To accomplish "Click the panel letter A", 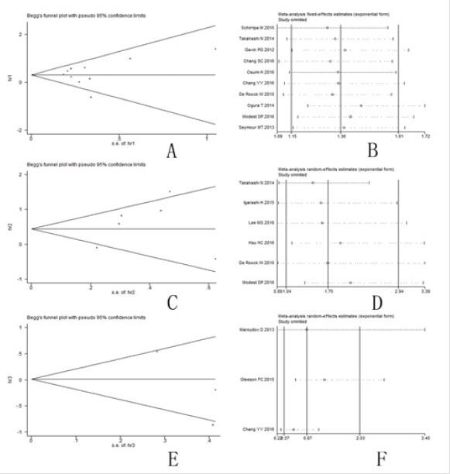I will pyautogui.click(x=172, y=151).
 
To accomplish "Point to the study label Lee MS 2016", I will pyautogui.click(x=264, y=223).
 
